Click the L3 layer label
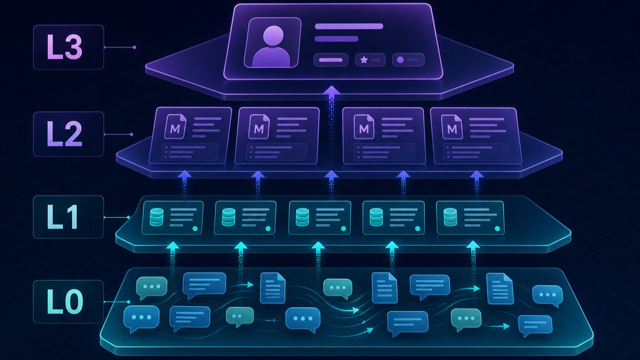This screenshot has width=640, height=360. [65, 47]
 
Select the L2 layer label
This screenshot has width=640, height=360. [65, 134]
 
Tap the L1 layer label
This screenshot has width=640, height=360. [62, 217]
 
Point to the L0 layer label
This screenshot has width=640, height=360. [65, 301]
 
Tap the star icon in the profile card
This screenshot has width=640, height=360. [364, 60]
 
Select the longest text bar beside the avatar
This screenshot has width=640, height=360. [349, 26]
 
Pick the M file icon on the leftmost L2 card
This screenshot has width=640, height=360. [175, 127]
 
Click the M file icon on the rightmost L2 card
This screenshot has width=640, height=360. [452, 127]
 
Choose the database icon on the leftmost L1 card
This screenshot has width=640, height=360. [157, 217]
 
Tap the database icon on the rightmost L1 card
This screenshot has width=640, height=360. [450, 217]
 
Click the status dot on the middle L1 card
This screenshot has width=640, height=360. [343, 229]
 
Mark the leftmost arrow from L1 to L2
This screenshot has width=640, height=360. [185, 185]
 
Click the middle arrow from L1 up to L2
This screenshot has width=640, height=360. [331, 185]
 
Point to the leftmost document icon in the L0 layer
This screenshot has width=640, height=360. [272, 288]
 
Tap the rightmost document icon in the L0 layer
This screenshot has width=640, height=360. [500, 288]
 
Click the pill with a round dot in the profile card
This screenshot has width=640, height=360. [408, 60]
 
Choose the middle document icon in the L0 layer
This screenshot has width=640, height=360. [385, 288]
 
